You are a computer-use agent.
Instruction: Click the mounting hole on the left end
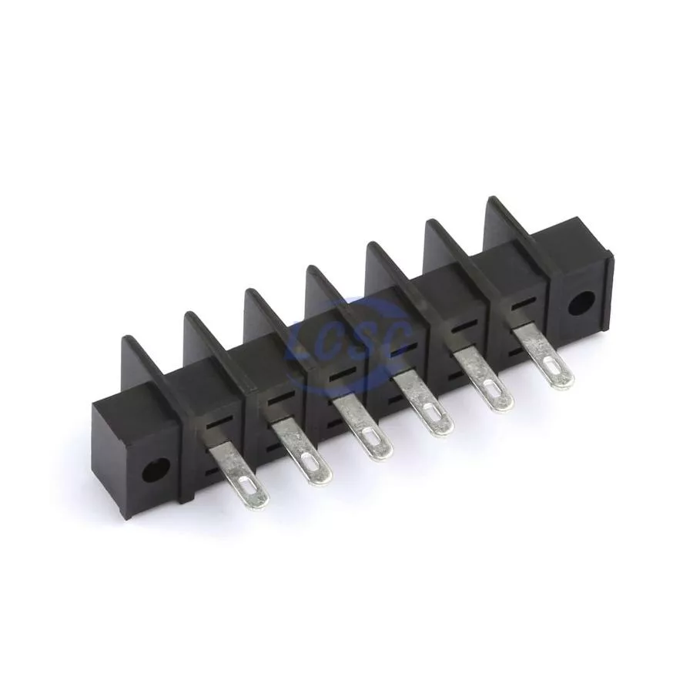[156, 470]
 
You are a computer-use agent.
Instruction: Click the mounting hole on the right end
[581, 303]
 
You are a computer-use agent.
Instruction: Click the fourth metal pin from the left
[423, 406]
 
